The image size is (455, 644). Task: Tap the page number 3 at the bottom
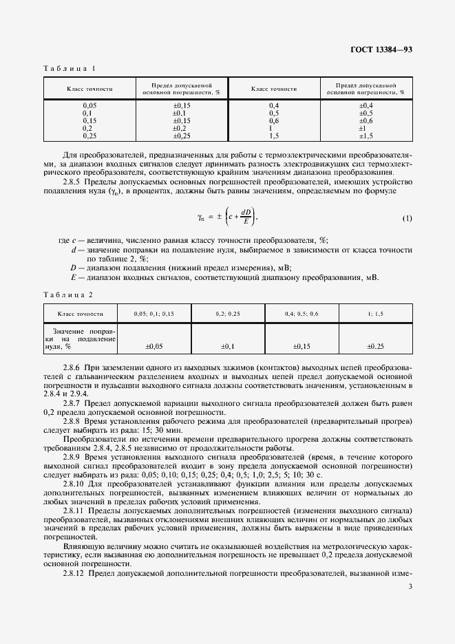(410, 586)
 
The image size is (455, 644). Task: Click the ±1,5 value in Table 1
(365, 136)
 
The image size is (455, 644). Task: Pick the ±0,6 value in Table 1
(365, 120)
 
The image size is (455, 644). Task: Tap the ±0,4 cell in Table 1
(365, 105)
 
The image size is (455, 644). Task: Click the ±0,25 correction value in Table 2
(375, 347)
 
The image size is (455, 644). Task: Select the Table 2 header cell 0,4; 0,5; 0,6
(301, 313)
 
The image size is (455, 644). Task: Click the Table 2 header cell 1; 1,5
(375, 313)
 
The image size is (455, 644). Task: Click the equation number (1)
(407, 218)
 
